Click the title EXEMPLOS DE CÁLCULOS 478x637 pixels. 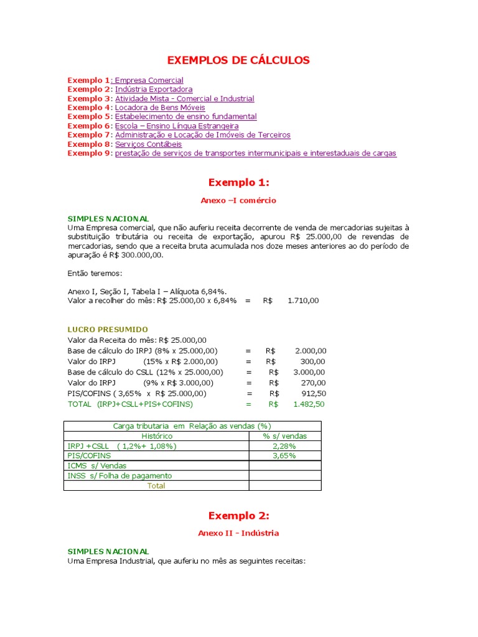tap(238, 60)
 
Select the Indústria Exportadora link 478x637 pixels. tap(154, 90)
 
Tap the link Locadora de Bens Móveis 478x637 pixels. tap(160, 108)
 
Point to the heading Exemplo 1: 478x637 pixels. tap(238, 182)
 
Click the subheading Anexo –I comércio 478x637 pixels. tap(238, 201)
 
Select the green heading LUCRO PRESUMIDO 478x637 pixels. tap(108, 329)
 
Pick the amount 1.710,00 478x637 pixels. tap(303, 300)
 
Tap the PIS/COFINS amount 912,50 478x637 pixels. tap(312, 393)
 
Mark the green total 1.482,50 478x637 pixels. tap(309, 404)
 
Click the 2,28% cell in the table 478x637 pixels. tap(284, 446)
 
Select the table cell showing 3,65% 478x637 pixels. tap(284, 456)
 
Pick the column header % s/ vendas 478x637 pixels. tap(284, 436)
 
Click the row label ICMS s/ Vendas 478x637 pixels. tap(96, 466)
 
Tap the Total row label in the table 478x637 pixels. tap(156, 486)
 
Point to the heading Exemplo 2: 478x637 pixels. tap(238, 516)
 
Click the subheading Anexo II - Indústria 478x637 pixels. tap(238, 533)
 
